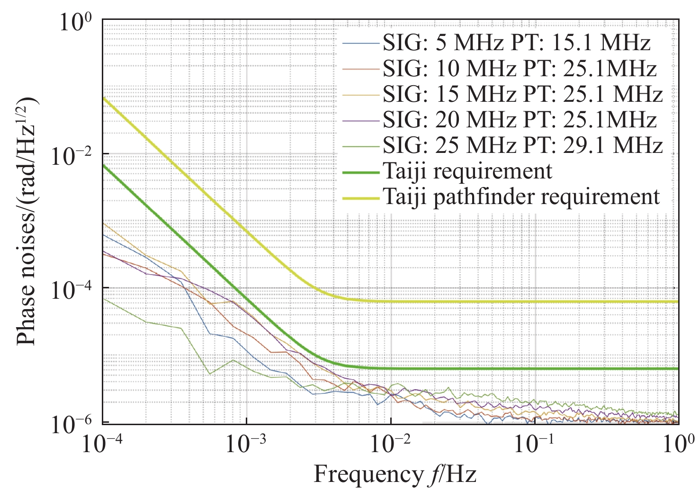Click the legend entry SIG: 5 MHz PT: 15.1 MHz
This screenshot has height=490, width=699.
516,44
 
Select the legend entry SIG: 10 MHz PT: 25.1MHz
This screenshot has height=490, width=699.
520,69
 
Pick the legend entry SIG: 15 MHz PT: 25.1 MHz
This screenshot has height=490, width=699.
522,94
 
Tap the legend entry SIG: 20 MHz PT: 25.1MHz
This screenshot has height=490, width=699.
520,120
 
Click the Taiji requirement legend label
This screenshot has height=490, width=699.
467,171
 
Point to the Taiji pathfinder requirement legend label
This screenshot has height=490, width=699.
521,196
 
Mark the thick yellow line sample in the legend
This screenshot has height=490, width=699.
361,197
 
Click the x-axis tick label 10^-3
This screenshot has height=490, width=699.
246,445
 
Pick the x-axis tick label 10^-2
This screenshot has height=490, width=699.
391,445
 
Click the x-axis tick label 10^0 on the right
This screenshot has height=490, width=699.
679,445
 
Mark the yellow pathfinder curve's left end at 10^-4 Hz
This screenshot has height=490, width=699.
104,98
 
